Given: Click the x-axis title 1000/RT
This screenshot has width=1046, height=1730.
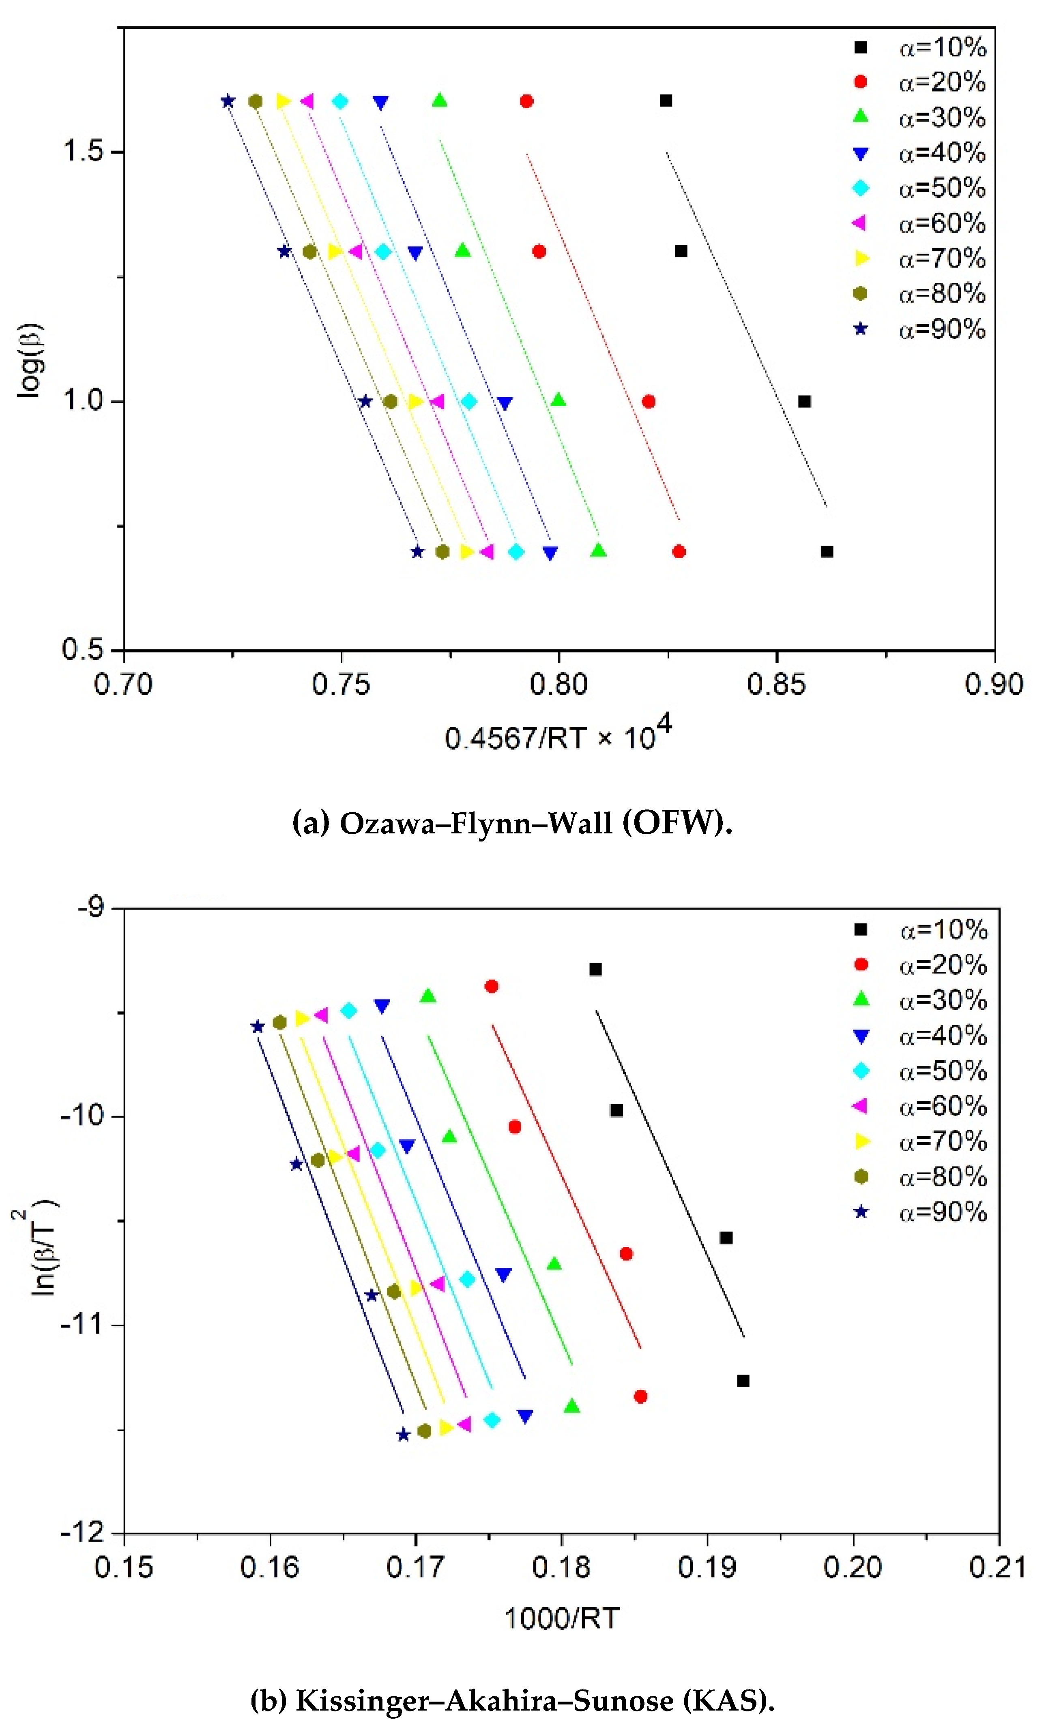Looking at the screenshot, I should (x=561, y=1619).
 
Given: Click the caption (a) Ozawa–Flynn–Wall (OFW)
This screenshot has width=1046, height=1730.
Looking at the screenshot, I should (x=512, y=823).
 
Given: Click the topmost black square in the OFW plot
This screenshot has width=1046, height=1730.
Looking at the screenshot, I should (x=666, y=101).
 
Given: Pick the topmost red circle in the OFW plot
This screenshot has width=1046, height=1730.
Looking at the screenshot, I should (x=526, y=101).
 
